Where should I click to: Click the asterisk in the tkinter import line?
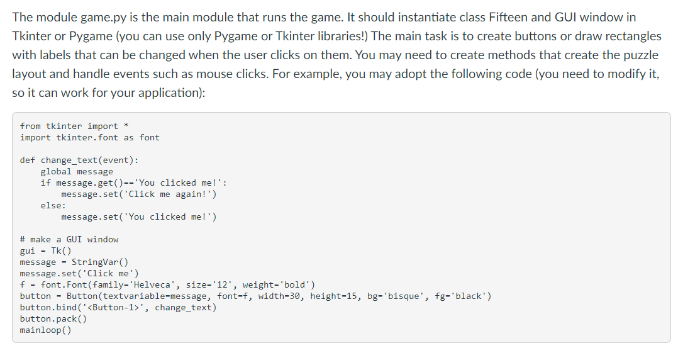pos(126,125)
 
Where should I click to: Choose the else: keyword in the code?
pos(53,205)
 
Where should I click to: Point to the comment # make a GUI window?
pos(69,239)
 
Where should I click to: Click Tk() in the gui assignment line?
pos(61,251)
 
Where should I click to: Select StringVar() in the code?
pos(100,262)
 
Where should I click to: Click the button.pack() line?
pos(53,319)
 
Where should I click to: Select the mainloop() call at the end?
pos(45,330)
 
